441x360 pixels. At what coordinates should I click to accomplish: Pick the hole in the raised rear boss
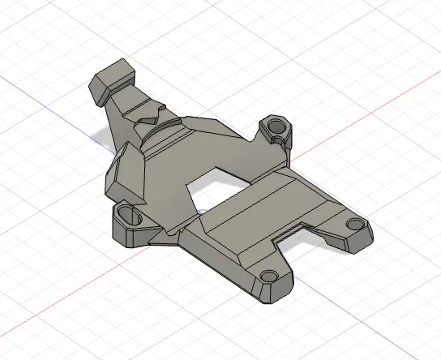pos(274,126)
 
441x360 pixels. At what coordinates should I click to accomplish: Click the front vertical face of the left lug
pos(130,235)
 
